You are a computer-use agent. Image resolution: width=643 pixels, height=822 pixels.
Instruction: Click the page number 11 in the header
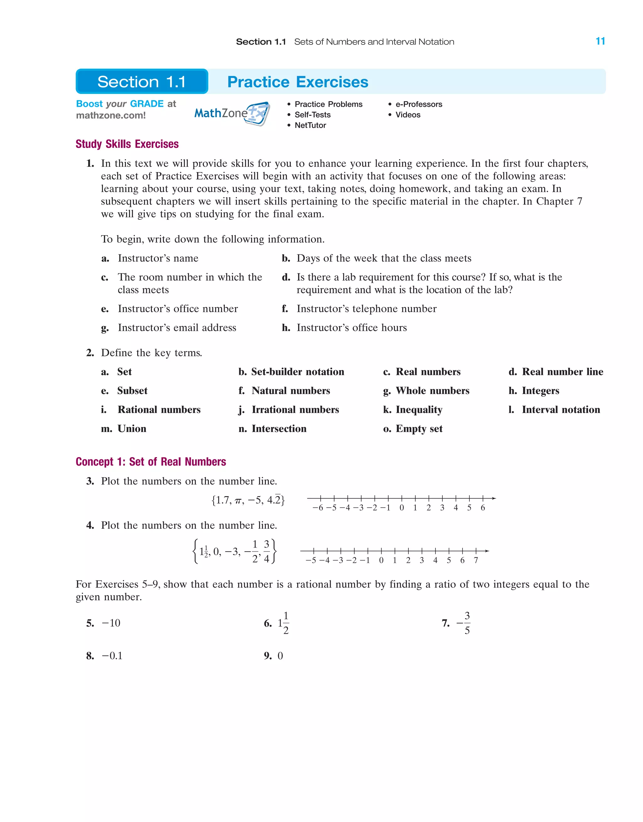pos(600,41)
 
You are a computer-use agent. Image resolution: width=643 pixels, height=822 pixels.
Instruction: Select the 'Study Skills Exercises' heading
pos(127,144)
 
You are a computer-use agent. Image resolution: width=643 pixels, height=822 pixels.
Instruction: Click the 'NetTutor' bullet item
pos(310,125)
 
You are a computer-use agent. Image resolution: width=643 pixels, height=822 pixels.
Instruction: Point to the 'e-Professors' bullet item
pos(419,104)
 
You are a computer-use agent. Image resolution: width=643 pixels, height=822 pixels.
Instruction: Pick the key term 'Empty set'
pos(419,429)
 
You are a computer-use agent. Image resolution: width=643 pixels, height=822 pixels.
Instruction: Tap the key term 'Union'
pos(132,429)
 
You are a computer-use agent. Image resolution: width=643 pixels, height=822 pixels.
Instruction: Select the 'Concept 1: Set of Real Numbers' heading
pos(151,462)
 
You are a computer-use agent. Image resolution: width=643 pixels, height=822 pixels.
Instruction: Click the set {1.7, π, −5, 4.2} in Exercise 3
pos(248,500)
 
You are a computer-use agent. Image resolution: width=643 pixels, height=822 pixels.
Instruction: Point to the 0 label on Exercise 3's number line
pos(402,508)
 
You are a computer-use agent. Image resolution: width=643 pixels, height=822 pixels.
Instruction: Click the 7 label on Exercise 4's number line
pos(476,560)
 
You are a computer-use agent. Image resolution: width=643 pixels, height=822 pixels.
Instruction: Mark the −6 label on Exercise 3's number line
pos(318,508)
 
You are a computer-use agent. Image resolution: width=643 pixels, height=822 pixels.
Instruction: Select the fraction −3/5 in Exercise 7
pos(464,623)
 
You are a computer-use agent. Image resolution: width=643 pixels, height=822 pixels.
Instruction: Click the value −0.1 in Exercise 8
pos(112,656)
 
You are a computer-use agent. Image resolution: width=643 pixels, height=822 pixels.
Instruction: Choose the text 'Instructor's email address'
pos(177,328)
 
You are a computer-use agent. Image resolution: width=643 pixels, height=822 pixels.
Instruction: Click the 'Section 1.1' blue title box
pos(142,82)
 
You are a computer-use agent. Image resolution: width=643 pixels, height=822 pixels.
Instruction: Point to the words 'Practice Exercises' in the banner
pos(297,82)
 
